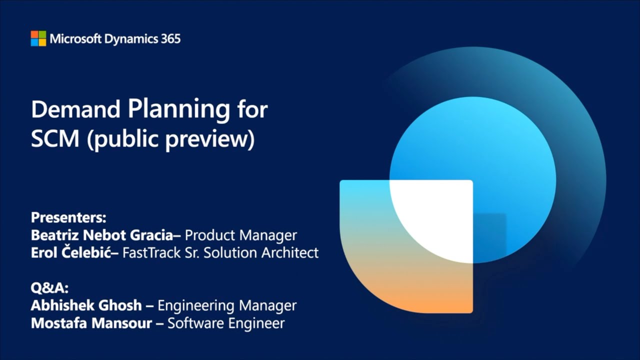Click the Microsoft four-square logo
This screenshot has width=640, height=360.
point(38,38)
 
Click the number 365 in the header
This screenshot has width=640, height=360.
point(170,39)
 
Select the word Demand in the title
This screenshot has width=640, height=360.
point(75,109)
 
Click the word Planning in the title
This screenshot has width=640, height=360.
point(179,110)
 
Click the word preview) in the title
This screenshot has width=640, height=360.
point(210,139)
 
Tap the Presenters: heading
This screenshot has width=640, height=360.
point(68,217)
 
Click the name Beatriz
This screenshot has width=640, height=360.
point(54,235)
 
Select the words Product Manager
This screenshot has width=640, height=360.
point(241,235)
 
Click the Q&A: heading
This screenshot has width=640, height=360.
point(49,288)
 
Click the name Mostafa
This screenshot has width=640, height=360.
point(59,323)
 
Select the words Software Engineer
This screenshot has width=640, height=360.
point(226,323)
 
